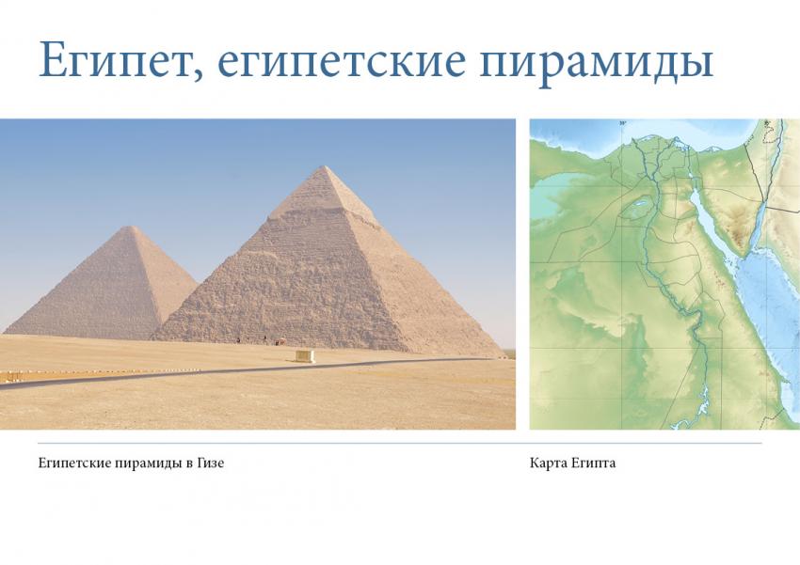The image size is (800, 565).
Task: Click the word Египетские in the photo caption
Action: [71, 463]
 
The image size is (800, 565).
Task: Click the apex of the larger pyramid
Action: [324, 166]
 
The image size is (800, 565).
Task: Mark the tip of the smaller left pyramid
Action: [132, 228]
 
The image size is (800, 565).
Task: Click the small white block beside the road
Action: [305, 355]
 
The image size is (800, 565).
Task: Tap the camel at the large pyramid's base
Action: [279, 342]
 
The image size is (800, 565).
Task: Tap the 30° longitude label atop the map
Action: [622, 123]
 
